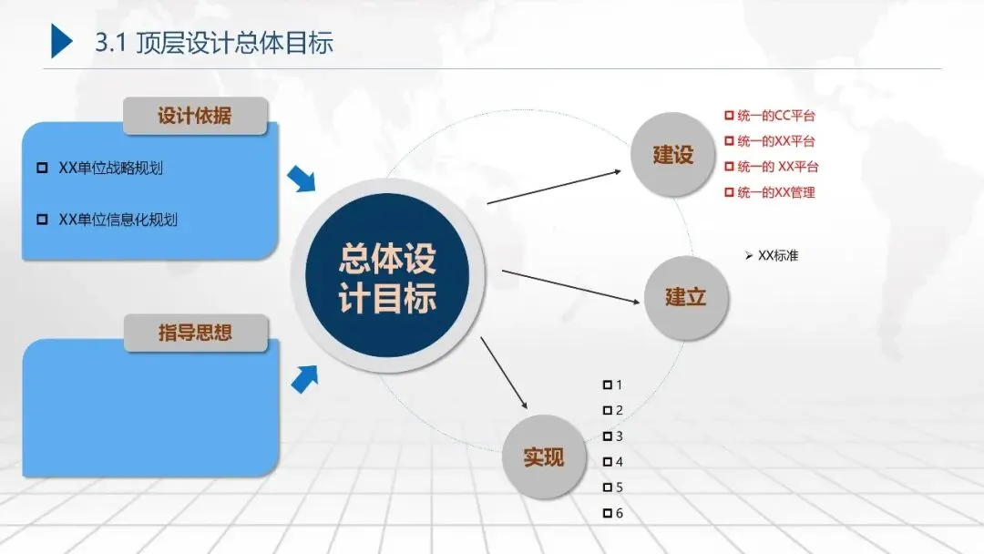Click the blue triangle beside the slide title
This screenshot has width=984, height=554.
point(60,41)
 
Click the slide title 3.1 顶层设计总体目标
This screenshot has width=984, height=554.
point(214,43)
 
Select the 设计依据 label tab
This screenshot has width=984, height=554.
point(195,116)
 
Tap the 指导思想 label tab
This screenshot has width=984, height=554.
point(195,333)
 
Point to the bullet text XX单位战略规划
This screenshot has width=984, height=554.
point(110,168)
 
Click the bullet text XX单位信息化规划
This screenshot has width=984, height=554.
point(118,220)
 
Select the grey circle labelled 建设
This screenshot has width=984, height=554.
point(673,155)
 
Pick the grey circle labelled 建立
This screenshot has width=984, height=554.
point(685,297)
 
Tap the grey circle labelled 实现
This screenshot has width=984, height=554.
point(544,457)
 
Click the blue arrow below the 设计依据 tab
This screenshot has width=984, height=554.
point(301,180)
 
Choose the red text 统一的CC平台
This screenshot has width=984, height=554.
point(775,116)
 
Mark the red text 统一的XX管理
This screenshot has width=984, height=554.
point(775,192)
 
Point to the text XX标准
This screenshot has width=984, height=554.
point(777,256)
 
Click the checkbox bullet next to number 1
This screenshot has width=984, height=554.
point(608,385)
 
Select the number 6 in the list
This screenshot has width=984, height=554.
point(620,514)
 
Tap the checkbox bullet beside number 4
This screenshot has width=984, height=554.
point(608,462)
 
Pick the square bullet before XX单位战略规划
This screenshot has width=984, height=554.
point(41,168)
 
